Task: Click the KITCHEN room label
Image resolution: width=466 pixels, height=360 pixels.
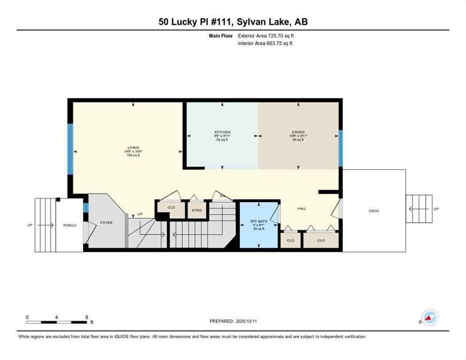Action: [222, 132]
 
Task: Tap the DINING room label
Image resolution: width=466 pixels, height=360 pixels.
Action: [298, 132]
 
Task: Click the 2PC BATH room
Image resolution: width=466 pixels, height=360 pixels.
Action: [258, 225]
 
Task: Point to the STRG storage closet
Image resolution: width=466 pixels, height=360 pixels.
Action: [197, 210]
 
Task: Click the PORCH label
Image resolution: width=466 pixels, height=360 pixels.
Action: [70, 225]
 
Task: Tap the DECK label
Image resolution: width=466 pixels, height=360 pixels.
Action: [374, 211]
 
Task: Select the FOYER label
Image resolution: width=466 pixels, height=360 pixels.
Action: [106, 223]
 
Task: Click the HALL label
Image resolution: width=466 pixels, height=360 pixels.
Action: [302, 209]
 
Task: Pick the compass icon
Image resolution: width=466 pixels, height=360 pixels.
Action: [429, 317]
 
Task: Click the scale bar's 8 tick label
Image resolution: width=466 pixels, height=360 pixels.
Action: [87, 317]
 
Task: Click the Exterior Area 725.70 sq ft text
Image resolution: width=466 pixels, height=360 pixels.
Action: [266, 35]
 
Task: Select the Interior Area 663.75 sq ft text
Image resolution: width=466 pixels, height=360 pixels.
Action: [265, 43]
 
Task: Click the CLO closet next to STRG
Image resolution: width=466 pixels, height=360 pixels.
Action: [171, 207]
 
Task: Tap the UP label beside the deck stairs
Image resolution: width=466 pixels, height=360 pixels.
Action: [436, 209]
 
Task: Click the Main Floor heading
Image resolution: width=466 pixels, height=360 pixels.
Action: [222, 35]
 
